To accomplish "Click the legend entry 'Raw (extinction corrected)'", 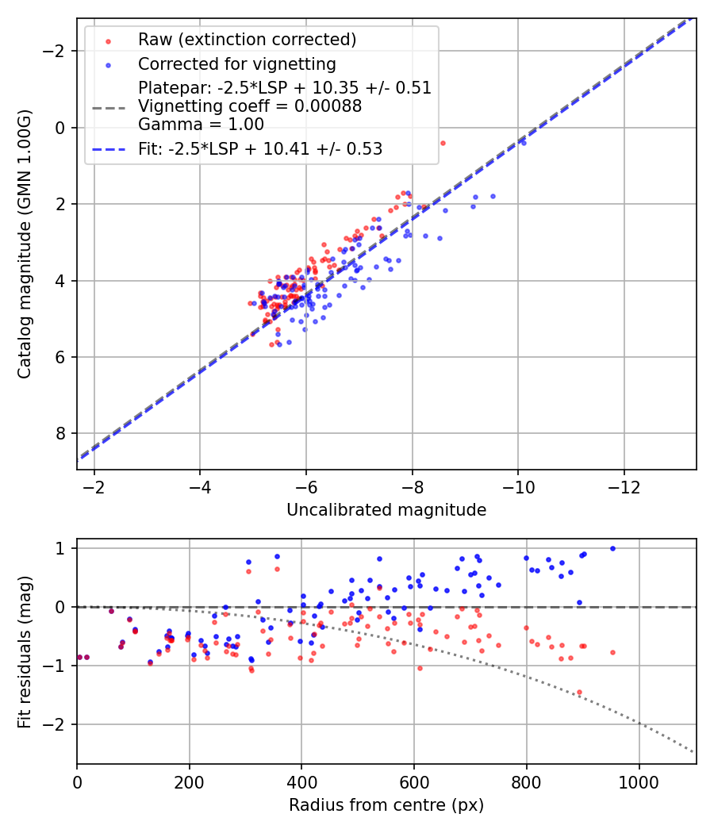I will pos(247,40).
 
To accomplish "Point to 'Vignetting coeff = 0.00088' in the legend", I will pos(250,106).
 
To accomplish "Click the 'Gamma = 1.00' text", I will pos(201,125).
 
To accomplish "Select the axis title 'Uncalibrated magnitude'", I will pos(386,510).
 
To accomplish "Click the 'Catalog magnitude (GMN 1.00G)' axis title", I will pos(25,244).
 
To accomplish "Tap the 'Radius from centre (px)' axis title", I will pos(386,805).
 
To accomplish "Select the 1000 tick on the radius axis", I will pos(639,781).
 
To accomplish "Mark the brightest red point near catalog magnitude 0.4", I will pos(443,143).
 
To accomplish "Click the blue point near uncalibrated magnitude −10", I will pos(523,143).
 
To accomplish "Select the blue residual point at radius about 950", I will pos(612,548).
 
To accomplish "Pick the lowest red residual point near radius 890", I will pos(579,692).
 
